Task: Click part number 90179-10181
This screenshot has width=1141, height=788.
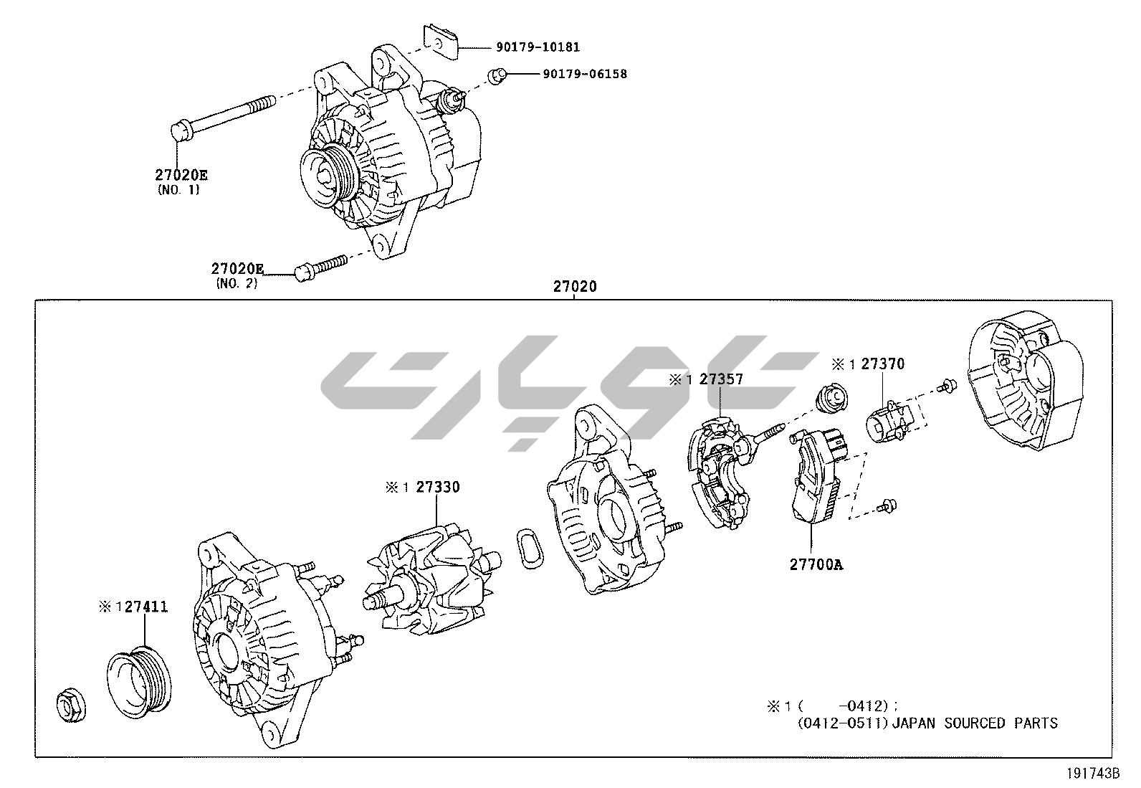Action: tap(538, 47)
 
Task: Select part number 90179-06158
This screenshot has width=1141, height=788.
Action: tap(584, 74)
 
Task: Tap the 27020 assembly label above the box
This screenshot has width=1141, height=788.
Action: tap(574, 287)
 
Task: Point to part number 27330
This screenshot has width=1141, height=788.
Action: tap(438, 488)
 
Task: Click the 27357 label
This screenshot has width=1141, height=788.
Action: tap(721, 380)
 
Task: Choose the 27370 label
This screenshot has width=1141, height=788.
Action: tap(882, 364)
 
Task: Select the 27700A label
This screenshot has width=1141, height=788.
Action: tap(816, 564)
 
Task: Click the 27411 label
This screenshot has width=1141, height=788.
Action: tap(146, 607)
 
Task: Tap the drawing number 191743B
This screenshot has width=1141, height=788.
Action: tap(1093, 774)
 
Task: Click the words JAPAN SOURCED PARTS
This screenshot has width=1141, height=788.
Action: tap(975, 723)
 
